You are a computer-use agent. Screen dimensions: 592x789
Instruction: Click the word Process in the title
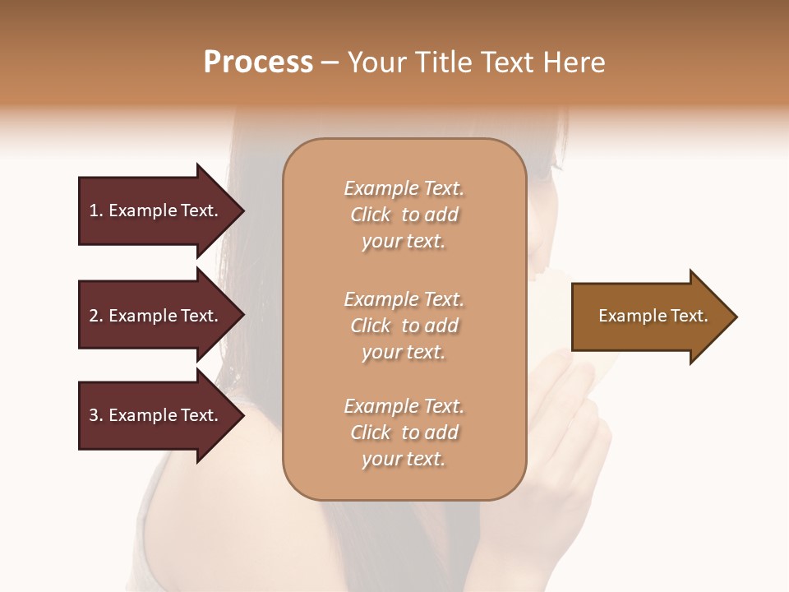click(x=258, y=62)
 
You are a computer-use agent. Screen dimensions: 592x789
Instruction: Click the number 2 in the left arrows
click(x=93, y=316)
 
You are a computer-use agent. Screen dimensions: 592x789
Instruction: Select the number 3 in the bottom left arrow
click(x=93, y=415)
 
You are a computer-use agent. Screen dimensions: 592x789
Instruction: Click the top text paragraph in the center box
click(x=404, y=215)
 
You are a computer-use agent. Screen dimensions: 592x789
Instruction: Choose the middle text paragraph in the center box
click(x=404, y=326)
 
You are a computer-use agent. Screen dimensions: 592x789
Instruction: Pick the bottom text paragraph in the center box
click(x=404, y=432)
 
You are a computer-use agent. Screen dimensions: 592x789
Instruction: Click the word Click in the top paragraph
click(x=371, y=215)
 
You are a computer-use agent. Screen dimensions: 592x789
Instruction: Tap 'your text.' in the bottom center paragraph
click(x=404, y=459)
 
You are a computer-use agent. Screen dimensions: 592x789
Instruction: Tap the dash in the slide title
click(x=330, y=63)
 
